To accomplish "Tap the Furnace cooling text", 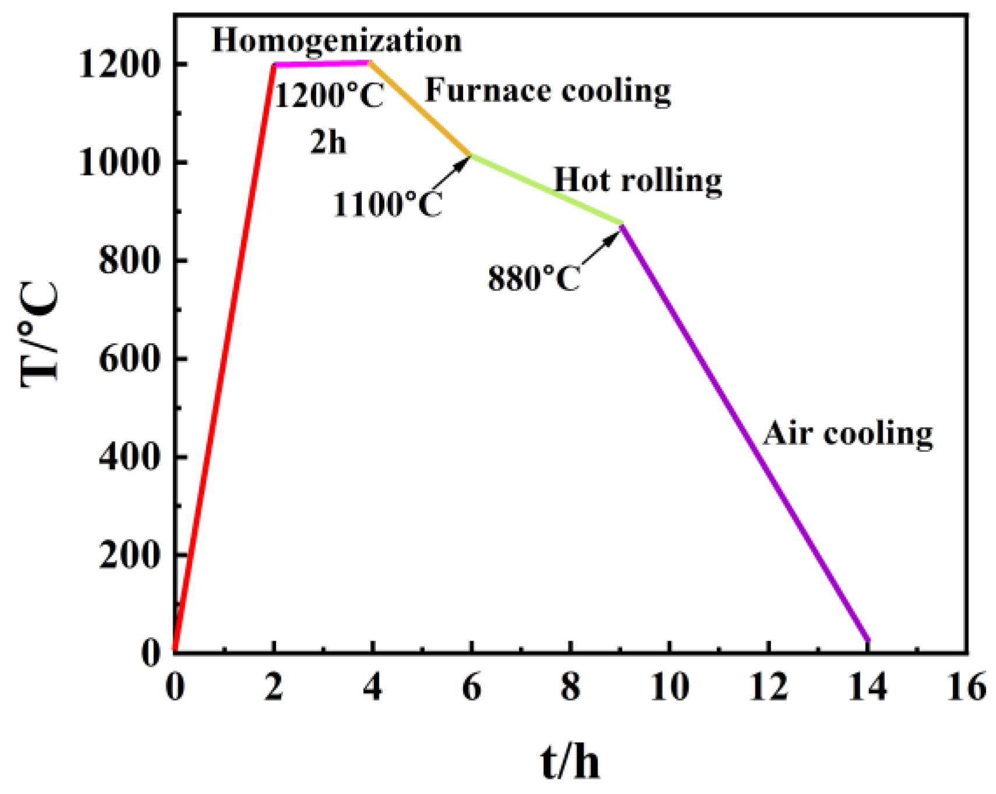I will (548, 91).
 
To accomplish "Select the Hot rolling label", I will (637, 181).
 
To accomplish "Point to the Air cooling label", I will (847, 434).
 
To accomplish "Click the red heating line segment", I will (224, 356).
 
